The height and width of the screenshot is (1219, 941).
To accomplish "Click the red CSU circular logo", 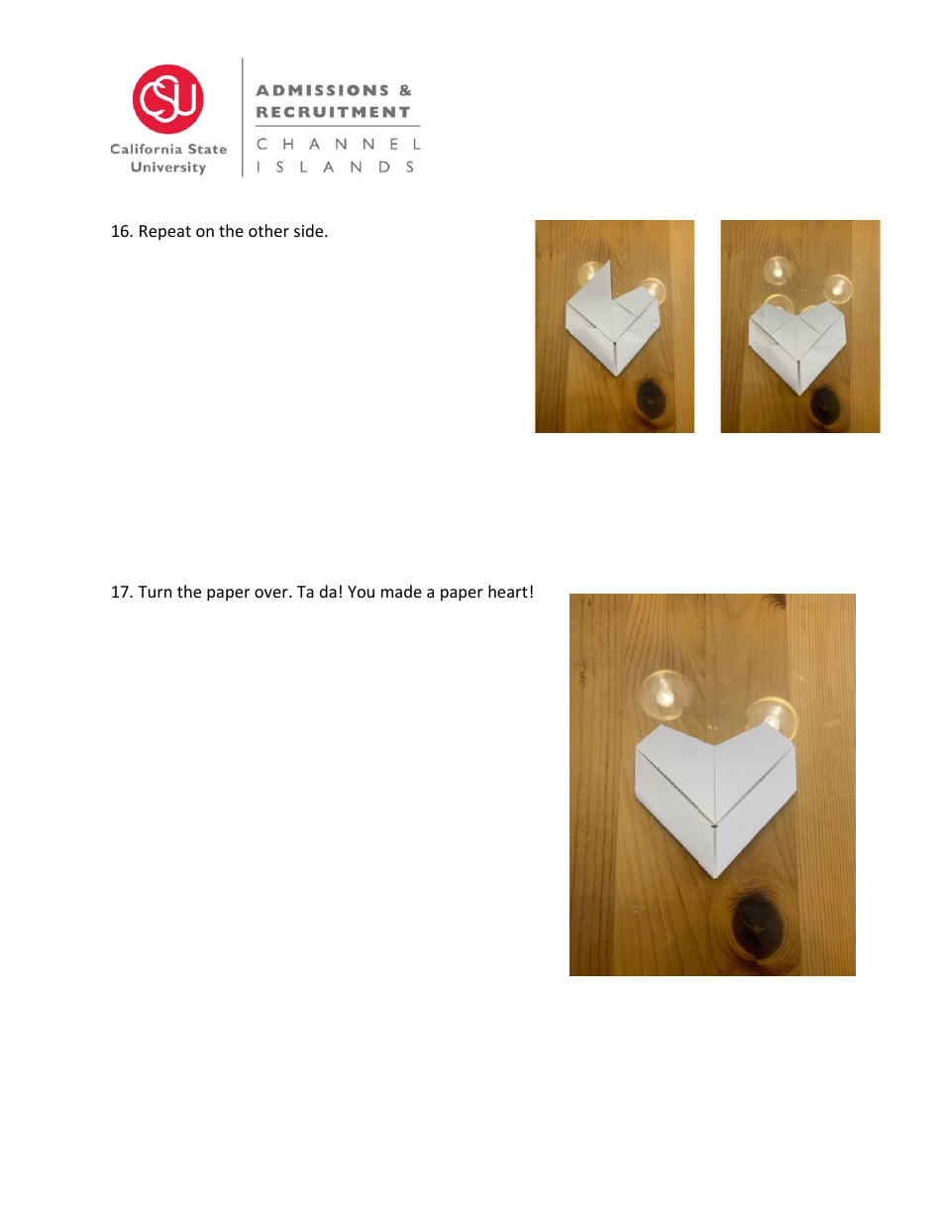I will (168, 99).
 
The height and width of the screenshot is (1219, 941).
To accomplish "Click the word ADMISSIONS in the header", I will (323, 90).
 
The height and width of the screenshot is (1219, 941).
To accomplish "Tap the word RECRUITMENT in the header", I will (333, 112).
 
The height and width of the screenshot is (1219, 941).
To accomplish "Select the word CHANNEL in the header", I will (338, 144).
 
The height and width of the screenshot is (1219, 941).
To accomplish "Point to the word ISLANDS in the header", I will (336, 167).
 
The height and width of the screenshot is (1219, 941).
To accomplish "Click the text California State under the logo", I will (168, 149).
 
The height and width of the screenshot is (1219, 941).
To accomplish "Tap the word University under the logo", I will (168, 167).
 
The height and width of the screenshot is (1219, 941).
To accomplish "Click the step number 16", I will (120, 233).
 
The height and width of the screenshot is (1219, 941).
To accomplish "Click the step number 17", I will (120, 593).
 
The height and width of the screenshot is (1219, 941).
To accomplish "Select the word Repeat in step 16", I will (161, 233).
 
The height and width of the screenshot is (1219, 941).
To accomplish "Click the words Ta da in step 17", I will (318, 593).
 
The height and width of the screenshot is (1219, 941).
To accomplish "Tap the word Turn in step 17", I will (156, 593).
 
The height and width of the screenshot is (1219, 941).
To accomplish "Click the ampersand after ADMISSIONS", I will (404, 90).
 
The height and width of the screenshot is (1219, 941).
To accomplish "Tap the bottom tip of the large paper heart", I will (716, 875).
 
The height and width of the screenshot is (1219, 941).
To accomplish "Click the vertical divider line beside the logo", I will (243, 117).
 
